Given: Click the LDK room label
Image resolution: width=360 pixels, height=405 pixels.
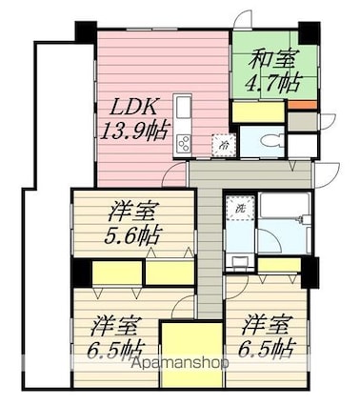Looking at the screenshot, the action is pos(133,109).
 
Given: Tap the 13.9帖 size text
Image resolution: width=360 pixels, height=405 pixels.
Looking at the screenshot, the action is pos(133,131).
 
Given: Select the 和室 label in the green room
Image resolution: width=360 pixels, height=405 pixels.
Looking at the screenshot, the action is pos(272,59).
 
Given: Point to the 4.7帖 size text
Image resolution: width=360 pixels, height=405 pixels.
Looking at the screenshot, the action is pos(272,84).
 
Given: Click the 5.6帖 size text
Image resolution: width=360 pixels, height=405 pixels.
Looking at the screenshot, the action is pos(131,235).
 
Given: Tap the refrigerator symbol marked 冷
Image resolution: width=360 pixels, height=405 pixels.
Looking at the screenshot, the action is pos(224,145).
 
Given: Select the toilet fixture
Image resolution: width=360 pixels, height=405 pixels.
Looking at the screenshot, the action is pos(272,141).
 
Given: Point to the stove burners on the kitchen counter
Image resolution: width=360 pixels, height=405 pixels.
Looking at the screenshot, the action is pos(184,145).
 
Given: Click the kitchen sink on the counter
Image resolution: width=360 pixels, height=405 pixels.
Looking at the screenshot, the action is pos(184,108).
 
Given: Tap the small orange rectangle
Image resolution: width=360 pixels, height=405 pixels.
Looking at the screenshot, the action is pos(303,105).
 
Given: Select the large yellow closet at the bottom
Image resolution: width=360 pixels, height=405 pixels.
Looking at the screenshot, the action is pos(191,354).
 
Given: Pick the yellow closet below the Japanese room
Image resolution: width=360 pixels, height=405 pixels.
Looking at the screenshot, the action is pos(258,111).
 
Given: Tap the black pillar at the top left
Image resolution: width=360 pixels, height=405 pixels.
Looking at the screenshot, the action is pos(86,32).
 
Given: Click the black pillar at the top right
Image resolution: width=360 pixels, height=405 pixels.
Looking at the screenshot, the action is pos(309,33).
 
